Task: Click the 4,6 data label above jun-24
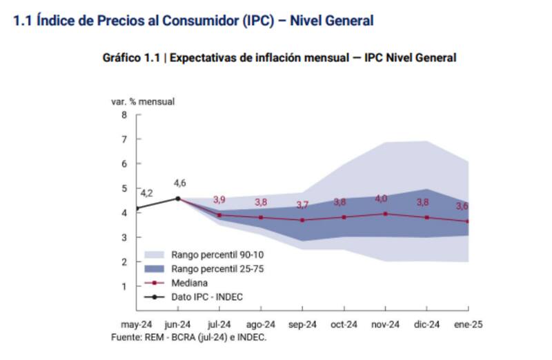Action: coord(179,183)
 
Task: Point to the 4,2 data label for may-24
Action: coord(146,193)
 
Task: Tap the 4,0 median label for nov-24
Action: coord(381,199)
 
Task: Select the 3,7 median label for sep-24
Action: coord(302,205)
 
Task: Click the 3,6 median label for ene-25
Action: coord(462,206)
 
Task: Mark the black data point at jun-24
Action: coord(178,199)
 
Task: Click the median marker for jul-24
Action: coord(220,215)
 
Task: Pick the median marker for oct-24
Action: coord(344,217)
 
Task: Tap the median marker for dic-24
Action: coord(427,217)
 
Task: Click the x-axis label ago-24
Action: coord(261,325)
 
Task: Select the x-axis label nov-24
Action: coord(385,325)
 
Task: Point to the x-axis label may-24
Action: coord(137,325)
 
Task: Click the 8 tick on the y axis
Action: coord(124,114)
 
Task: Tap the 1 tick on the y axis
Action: coord(124,286)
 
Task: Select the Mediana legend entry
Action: coord(190,283)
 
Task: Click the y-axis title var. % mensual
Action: coord(143,101)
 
